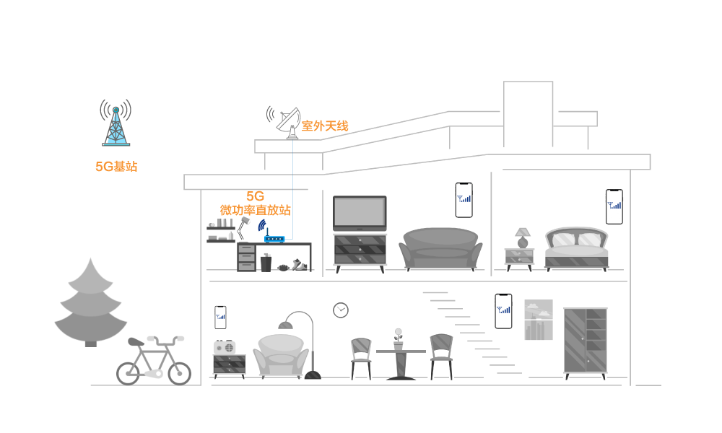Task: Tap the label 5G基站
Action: [x=116, y=167]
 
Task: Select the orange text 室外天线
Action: [x=325, y=126]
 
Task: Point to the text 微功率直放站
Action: [x=256, y=210]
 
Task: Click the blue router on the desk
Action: [x=274, y=238]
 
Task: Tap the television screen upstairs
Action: [x=360, y=213]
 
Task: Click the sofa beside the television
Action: [x=441, y=248]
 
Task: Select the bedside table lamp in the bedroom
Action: [x=523, y=237]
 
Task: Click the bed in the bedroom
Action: [x=576, y=248]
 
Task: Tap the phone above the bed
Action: [x=614, y=206]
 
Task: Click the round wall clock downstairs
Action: [x=341, y=310]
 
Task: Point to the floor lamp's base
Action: [x=313, y=375]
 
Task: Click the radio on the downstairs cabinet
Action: [x=225, y=347]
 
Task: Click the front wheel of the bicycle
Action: [x=179, y=373]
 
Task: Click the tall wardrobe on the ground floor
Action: [x=586, y=340]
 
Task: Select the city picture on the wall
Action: [x=538, y=320]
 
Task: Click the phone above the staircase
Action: [x=503, y=311]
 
